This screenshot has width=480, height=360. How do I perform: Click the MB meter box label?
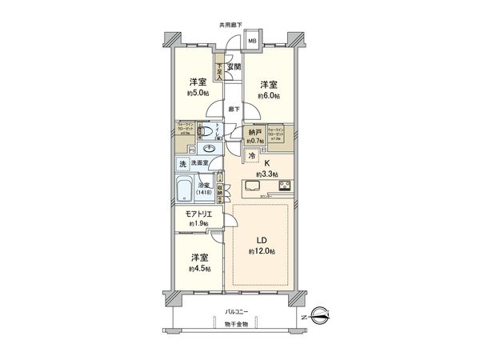click(250, 42)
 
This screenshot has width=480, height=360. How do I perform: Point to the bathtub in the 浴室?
click(183, 191)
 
